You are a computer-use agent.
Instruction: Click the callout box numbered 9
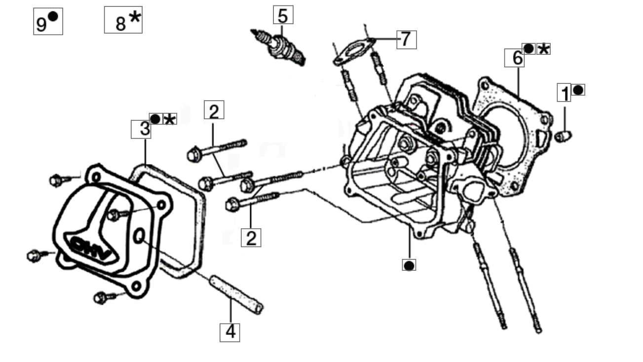point(48,22)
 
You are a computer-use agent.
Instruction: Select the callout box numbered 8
point(123,20)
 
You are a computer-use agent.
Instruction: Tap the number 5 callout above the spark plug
point(283,15)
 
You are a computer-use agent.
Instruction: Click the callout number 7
point(407,39)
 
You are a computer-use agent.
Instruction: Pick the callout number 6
point(514,58)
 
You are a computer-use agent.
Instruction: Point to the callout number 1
point(564,93)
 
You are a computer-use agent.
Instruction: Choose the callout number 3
point(141,129)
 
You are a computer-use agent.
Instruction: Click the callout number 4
point(229,332)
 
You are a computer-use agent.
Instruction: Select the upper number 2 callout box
point(214,109)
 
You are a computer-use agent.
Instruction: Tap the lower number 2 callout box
point(251,238)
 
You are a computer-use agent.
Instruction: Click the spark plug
point(278,48)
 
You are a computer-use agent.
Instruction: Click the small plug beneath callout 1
point(563,136)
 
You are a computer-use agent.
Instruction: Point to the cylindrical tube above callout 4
point(236,294)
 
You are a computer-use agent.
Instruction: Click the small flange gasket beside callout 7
point(354,52)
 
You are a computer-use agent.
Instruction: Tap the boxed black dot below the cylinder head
point(409,265)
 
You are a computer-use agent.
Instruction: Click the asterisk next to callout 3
point(170,119)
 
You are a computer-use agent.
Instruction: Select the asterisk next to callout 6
point(543,49)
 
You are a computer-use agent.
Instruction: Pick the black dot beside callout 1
point(578,90)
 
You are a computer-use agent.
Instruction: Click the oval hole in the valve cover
point(139,236)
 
